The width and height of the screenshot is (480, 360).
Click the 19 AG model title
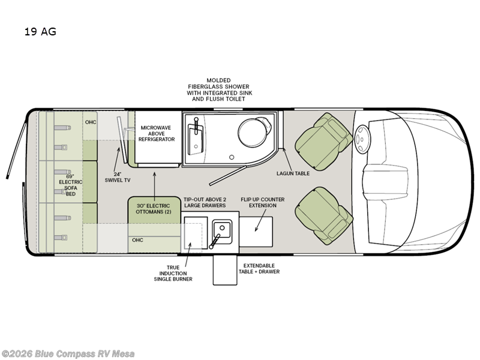[x=40, y=32]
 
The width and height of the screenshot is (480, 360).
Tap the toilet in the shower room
[x=254, y=131]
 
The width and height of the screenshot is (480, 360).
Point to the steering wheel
[x=362, y=139]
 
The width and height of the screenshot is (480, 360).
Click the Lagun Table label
[x=293, y=173]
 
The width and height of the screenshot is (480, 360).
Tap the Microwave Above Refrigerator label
[x=157, y=133]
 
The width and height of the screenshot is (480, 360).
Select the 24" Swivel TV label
[x=118, y=177]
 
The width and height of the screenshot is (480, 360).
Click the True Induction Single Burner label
[x=173, y=274]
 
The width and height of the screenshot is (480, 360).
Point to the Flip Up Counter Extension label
[x=263, y=202]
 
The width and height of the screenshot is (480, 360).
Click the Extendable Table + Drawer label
[x=259, y=268]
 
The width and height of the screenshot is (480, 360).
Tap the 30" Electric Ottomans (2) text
[x=154, y=209]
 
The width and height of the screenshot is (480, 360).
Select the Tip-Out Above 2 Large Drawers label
[x=205, y=202]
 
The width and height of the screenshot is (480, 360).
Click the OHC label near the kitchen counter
[x=137, y=240]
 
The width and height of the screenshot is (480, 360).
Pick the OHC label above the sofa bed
[x=91, y=122]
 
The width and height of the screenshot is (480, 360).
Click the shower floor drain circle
[x=232, y=157]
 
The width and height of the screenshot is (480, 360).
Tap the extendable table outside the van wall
[x=225, y=269]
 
